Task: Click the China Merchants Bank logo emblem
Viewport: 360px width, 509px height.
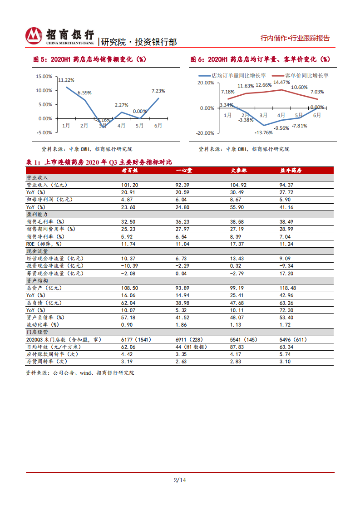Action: point(33,36)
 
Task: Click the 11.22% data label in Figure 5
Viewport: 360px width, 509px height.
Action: point(66,80)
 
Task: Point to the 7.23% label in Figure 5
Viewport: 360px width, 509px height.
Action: point(158,91)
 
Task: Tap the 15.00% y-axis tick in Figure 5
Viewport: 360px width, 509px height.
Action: point(44,76)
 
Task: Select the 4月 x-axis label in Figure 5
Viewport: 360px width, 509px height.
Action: point(121,126)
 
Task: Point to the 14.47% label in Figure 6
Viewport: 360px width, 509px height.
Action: point(282,82)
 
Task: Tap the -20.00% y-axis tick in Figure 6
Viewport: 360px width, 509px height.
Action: point(205,133)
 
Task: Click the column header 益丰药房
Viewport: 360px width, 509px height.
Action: point(291,170)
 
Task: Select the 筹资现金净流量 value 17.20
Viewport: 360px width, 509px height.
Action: point(287,273)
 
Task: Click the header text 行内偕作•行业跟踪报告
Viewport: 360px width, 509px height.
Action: point(295,39)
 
